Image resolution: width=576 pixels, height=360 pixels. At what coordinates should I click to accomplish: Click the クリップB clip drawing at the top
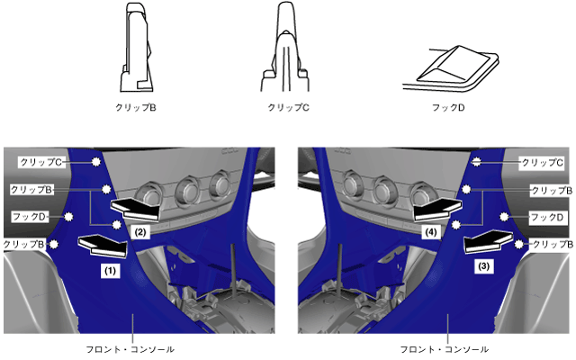pyautogui.click(x=136, y=48)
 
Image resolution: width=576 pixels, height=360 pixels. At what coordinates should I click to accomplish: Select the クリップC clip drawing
pyautogui.click(x=285, y=47)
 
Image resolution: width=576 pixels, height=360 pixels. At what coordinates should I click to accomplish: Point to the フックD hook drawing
pyautogui.click(x=451, y=68)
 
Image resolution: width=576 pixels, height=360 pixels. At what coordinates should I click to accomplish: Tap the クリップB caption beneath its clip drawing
pyautogui.click(x=136, y=107)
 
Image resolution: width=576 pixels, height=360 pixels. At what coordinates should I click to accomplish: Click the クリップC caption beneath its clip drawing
pyautogui.click(x=288, y=107)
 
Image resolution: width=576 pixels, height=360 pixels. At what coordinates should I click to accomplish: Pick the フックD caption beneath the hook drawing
pyautogui.click(x=448, y=107)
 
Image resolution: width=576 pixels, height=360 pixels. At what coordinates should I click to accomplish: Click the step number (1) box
pyautogui.click(x=110, y=271)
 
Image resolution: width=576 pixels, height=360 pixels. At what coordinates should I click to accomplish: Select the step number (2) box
pyautogui.click(x=140, y=232)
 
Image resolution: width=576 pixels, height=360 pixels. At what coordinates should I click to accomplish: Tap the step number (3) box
pyautogui.click(x=484, y=266)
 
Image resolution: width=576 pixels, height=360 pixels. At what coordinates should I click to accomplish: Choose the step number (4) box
pyautogui.click(x=431, y=232)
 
